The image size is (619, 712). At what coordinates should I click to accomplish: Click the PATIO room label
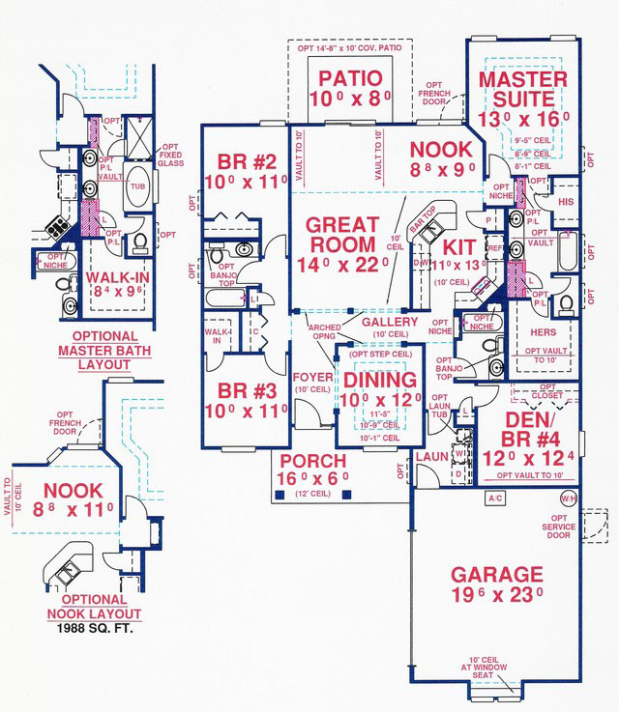pyautogui.click(x=346, y=78)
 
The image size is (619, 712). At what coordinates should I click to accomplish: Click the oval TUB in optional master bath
pyautogui.click(x=137, y=187)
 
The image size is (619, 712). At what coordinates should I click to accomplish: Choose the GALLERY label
pyautogui.click(x=390, y=322)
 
